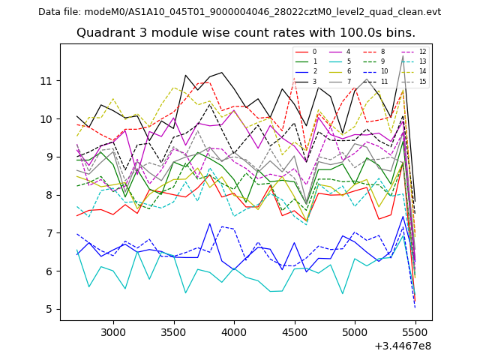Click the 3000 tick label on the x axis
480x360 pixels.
click(x=113, y=331)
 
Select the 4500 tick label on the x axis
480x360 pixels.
click(x=295, y=331)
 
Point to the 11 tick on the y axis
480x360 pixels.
click(x=46, y=81)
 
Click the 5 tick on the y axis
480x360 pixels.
click(x=49, y=309)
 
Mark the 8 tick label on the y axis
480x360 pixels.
click(x=49, y=195)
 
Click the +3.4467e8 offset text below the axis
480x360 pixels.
click(x=403, y=346)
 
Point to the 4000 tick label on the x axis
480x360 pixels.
click(x=234, y=331)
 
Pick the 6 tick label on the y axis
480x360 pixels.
click(x=49, y=271)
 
